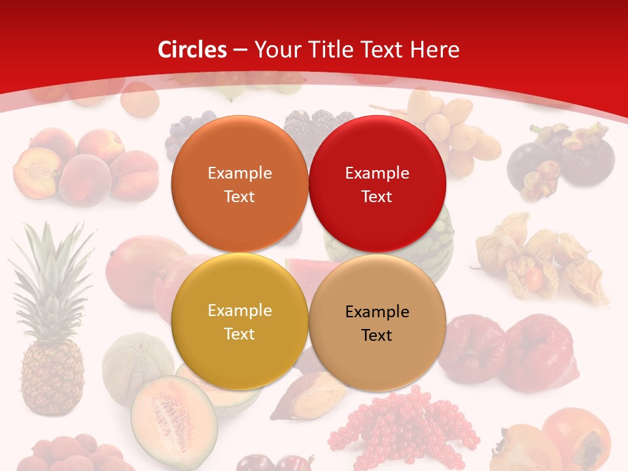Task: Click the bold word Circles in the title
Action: (x=192, y=50)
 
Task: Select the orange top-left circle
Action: (x=239, y=184)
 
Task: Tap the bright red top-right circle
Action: (x=377, y=184)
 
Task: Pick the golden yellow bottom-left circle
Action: (x=239, y=321)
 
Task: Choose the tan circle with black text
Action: (x=377, y=323)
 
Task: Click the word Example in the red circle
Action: (x=377, y=173)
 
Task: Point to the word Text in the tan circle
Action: (x=377, y=336)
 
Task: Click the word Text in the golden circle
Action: (x=239, y=334)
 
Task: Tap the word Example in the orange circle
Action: (x=239, y=173)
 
